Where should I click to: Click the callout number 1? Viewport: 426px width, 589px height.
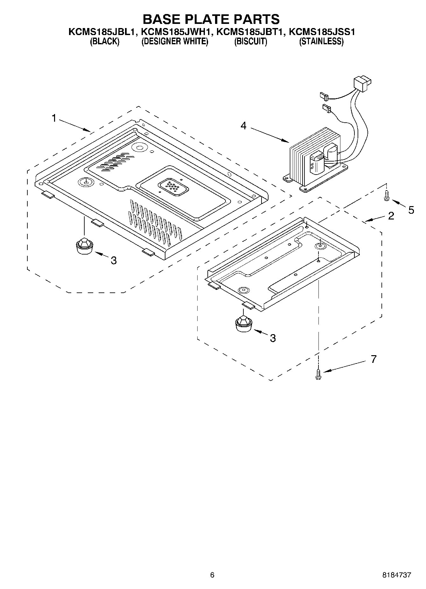coord(54,119)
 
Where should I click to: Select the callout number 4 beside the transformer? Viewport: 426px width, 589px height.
coord(243,126)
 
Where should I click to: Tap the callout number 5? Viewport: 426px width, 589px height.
coord(411,210)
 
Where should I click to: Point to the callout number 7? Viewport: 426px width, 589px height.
coord(374,359)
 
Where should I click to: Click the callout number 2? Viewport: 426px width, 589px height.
coord(391,216)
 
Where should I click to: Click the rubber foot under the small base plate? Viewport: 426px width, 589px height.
coord(243,324)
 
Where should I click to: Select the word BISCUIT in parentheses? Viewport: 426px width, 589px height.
coord(251,42)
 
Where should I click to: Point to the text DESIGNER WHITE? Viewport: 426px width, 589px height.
coord(175,42)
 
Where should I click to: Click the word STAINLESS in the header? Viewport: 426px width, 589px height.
coord(321,42)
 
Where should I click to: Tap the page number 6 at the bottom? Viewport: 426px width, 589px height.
coord(212,575)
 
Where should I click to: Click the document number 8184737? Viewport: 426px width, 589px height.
coord(397,575)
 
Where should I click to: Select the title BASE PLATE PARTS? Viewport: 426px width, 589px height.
coord(211,19)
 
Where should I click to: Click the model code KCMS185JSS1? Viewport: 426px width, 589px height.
coord(322,32)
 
